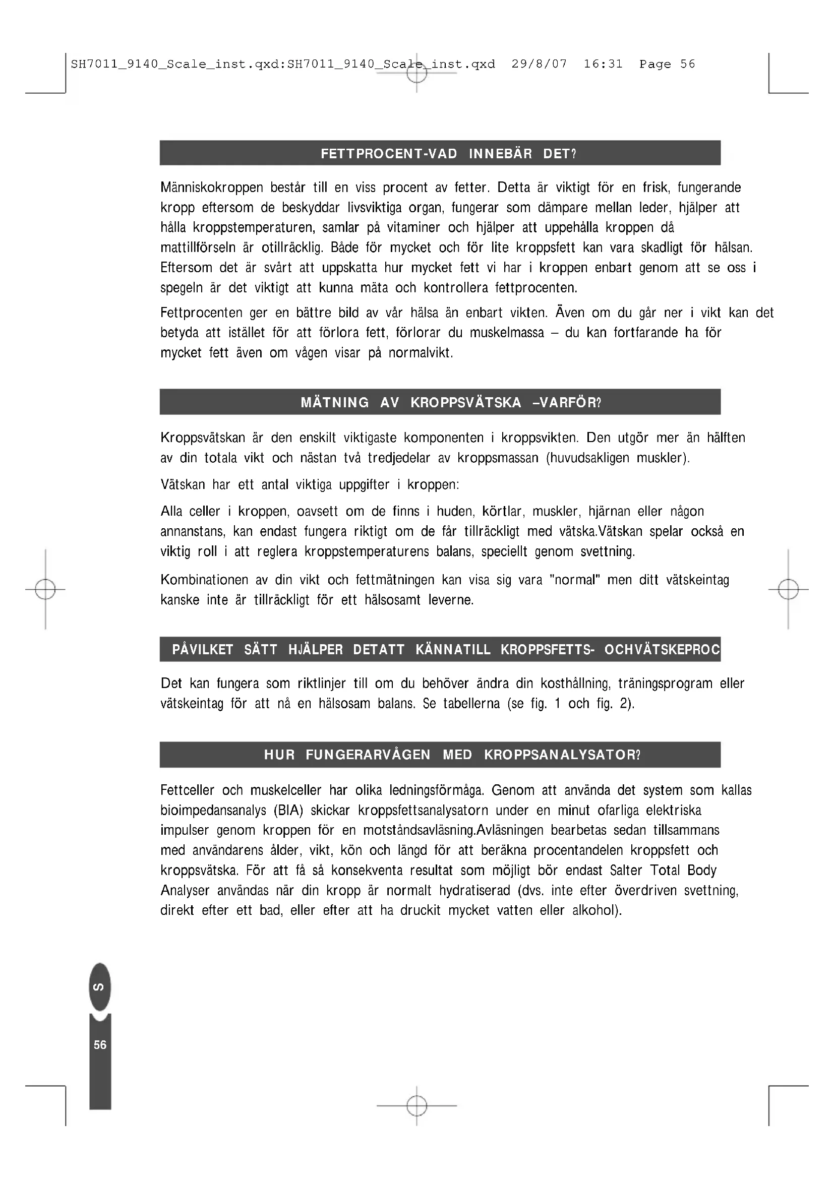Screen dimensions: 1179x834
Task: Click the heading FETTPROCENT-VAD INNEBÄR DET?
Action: coord(448,154)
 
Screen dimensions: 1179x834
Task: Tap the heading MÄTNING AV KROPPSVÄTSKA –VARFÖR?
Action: coord(450,402)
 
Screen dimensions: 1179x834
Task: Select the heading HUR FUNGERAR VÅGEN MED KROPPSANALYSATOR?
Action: coord(452,755)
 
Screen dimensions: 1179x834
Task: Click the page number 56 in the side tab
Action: coord(100,1045)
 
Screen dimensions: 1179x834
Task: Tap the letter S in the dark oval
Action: coord(100,987)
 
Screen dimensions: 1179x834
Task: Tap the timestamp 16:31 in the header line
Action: coord(603,64)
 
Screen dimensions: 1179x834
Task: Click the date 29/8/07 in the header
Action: coord(539,64)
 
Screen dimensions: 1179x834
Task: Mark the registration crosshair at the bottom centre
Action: coord(417,1105)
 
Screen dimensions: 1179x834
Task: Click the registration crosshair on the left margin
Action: coord(45,590)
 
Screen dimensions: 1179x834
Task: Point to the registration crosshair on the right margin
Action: coord(788,590)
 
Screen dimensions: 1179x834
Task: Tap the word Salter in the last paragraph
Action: coord(626,871)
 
